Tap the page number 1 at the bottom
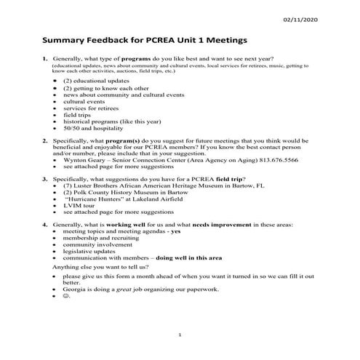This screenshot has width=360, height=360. click(x=180, y=334)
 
